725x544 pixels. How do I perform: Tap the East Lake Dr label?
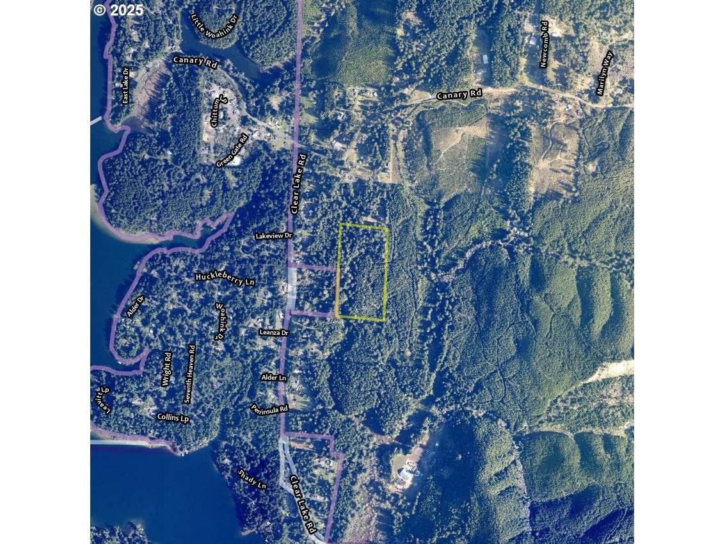126,85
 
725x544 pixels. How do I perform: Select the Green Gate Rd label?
232,151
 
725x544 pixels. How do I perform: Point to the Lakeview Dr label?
273,236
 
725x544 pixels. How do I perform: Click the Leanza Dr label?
274,333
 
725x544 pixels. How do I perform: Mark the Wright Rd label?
166,369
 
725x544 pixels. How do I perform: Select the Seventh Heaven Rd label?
189,374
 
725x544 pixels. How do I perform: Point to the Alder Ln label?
273,378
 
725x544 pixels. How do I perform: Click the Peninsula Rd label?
269,408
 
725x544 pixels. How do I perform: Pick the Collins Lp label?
173,417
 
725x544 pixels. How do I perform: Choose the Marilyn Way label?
604,73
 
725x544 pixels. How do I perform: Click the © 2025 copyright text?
118,10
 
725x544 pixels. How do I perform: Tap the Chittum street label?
218,111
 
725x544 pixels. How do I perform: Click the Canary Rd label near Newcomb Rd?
459,95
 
